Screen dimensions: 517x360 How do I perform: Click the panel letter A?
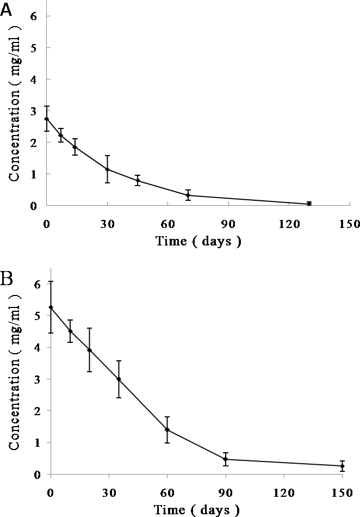(x=7, y=11)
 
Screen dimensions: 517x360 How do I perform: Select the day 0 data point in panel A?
(x=47, y=119)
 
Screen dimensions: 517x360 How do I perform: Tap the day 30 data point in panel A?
(x=108, y=170)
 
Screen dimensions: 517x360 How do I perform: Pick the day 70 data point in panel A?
(x=188, y=195)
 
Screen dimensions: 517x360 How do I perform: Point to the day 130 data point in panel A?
(x=309, y=204)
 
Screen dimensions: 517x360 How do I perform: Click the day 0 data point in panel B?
(x=51, y=307)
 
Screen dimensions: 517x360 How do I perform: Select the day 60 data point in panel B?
(x=167, y=429)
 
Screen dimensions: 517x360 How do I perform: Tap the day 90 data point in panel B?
(x=226, y=459)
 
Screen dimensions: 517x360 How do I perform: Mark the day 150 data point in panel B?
(x=343, y=466)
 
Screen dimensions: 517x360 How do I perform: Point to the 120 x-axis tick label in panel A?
(x=289, y=223)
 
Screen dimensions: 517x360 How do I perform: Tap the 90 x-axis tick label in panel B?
(x=226, y=492)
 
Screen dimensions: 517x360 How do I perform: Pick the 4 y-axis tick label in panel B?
(x=36, y=347)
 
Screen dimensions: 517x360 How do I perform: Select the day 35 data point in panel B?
(x=119, y=379)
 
